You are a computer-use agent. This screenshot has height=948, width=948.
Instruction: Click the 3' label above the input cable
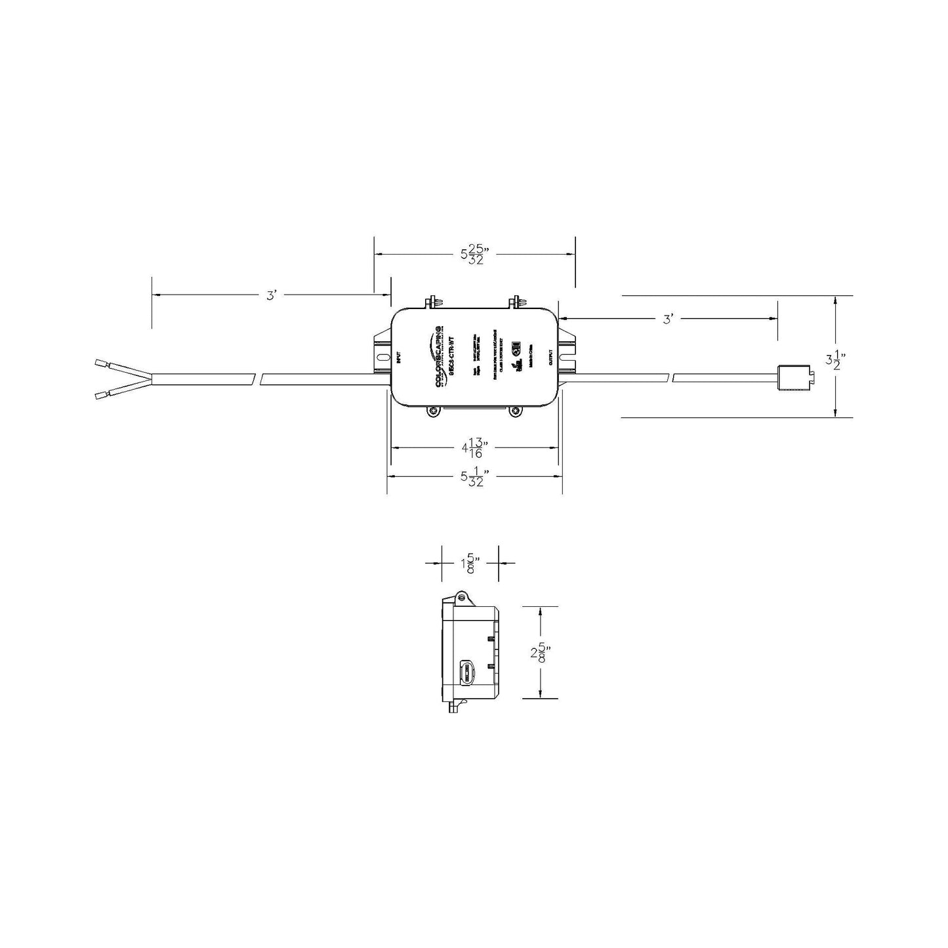click(x=272, y=296)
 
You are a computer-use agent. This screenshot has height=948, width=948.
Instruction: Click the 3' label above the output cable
click(x=669, y=319)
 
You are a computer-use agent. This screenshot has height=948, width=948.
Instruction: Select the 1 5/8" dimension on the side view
click(x=470, y=563)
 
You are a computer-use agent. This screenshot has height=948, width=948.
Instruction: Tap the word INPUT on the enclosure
click(x=398, y=358)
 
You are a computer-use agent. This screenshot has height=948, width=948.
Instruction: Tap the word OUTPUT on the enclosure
click(x=550, y=358)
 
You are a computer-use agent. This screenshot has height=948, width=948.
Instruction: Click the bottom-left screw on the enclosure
click(x=433, y=411)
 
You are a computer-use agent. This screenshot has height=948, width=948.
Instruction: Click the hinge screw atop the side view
click(x=461, y=596)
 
